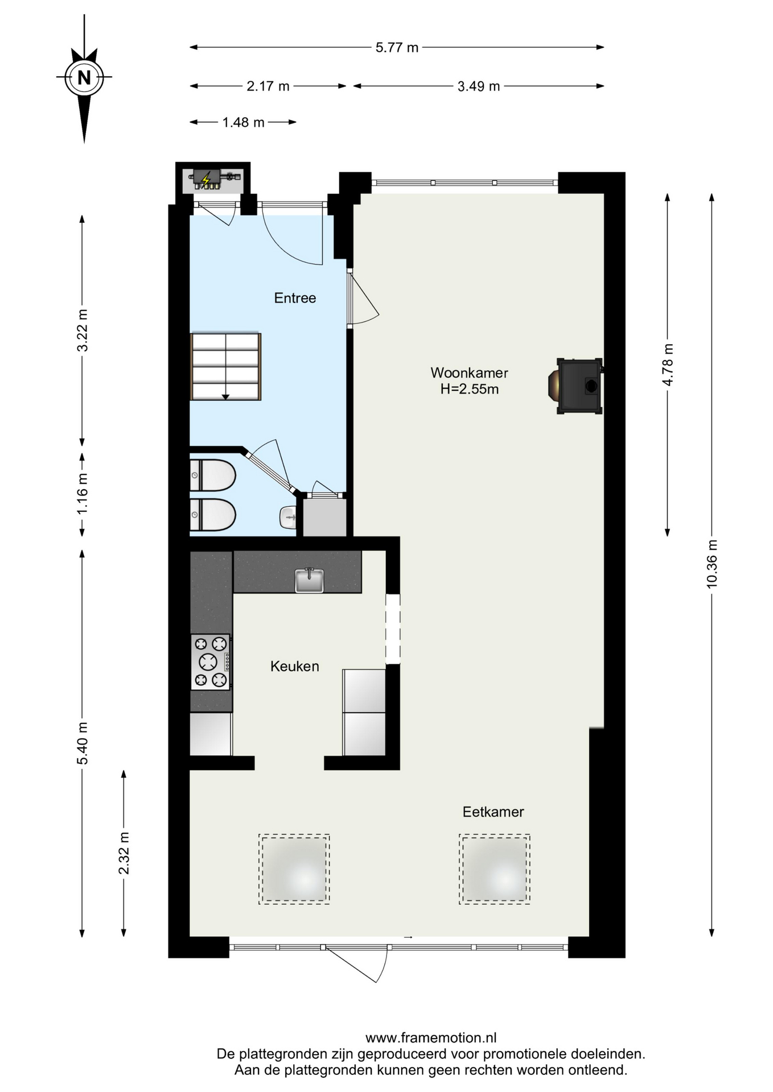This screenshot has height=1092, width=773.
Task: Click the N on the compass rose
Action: (x=84, y=77)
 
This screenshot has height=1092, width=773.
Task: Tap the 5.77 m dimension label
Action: (x=397, y=48)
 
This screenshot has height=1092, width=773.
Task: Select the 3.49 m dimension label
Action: (x=479, y=86)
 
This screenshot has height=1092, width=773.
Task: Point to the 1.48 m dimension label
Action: (x=243, y=122)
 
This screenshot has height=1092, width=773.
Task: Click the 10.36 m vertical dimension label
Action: (x=712, y=564)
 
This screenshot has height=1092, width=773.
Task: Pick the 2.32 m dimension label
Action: (x=124, y=853)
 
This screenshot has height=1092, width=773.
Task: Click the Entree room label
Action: (x=295, y=298)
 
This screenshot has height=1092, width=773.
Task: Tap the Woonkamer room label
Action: (x=469, y=373)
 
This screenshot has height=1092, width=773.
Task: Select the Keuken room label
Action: (x=294, y=666)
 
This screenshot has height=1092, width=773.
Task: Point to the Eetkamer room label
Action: (x=493, y=812)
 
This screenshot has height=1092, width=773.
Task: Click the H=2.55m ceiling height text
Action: (x=469, y=389)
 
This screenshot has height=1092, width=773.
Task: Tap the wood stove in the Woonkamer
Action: (x=575, y=386)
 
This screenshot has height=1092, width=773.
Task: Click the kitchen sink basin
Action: (x=309, y=580)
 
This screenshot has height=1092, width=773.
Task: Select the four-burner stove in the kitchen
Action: (x=211, y=662)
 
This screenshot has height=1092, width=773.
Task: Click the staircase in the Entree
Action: (x=226, y=367)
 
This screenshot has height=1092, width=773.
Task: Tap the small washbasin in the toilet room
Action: (x=289, y=517)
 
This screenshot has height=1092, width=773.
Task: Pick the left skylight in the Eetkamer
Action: (x=294, y=869)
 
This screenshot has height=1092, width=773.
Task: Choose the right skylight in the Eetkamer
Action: (x=495, y=869)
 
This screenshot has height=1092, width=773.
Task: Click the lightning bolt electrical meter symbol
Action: (x=206, y=179)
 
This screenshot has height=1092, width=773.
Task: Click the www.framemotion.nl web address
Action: (x=431, y=1038)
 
